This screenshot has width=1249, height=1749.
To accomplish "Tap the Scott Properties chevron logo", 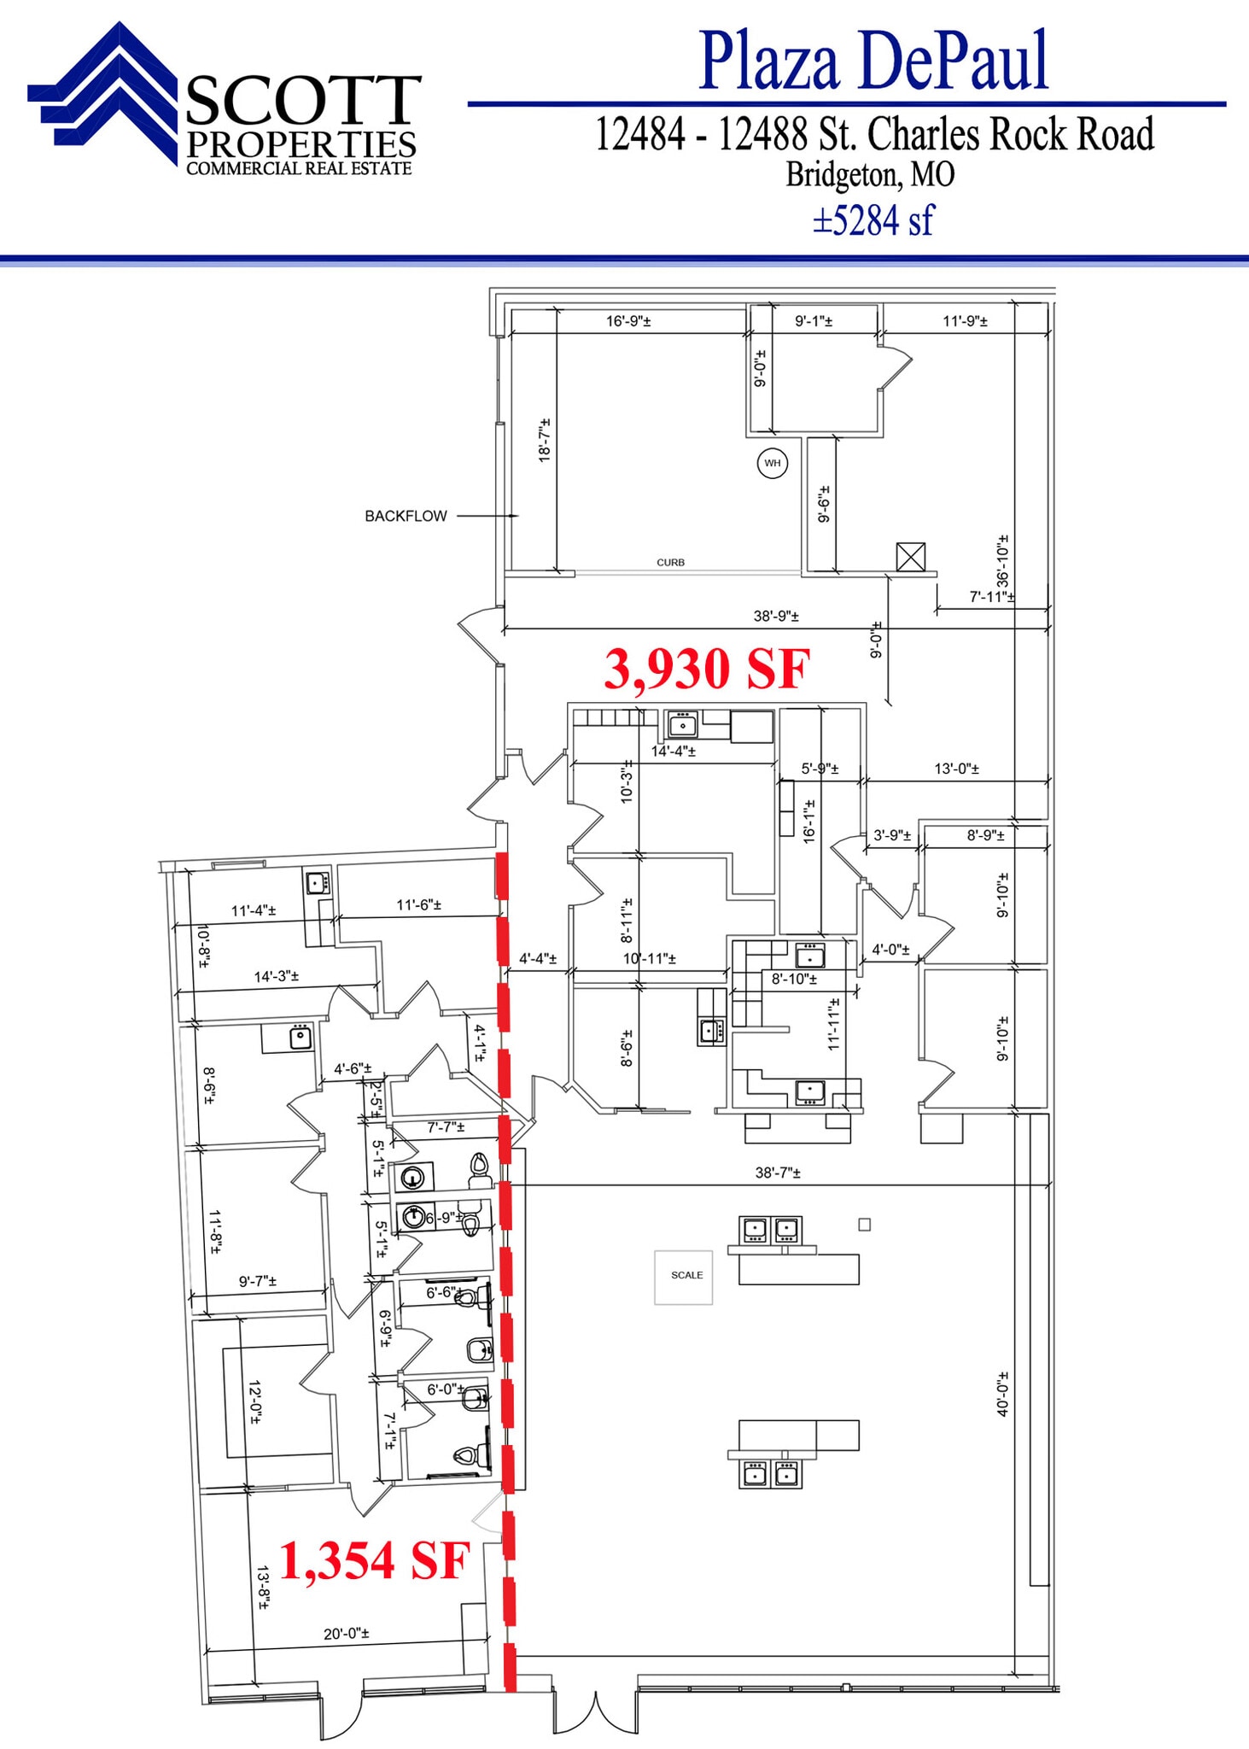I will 107,94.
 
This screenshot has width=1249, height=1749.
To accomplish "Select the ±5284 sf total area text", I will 873,220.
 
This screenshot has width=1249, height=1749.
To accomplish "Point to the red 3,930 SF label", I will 707,669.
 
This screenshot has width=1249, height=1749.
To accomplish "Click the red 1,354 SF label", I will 374,1560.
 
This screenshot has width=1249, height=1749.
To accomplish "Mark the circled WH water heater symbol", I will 773,464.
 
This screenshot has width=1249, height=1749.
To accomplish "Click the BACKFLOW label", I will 406,516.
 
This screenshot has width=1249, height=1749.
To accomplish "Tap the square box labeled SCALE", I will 683,1277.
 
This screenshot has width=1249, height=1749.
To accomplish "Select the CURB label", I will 670,562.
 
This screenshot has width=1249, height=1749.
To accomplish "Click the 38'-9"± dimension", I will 776,616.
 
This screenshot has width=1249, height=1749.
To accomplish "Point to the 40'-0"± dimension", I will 1003,1394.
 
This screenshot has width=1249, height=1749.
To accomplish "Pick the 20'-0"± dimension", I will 346,1634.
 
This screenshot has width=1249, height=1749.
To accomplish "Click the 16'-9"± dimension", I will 628,321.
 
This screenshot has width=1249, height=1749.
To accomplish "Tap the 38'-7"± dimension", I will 778,1173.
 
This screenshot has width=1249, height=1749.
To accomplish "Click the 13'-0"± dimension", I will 956,769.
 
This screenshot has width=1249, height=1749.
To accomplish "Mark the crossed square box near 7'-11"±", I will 911,557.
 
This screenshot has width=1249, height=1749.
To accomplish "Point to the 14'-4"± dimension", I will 674,752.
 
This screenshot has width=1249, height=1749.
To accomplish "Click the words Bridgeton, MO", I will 870,175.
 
